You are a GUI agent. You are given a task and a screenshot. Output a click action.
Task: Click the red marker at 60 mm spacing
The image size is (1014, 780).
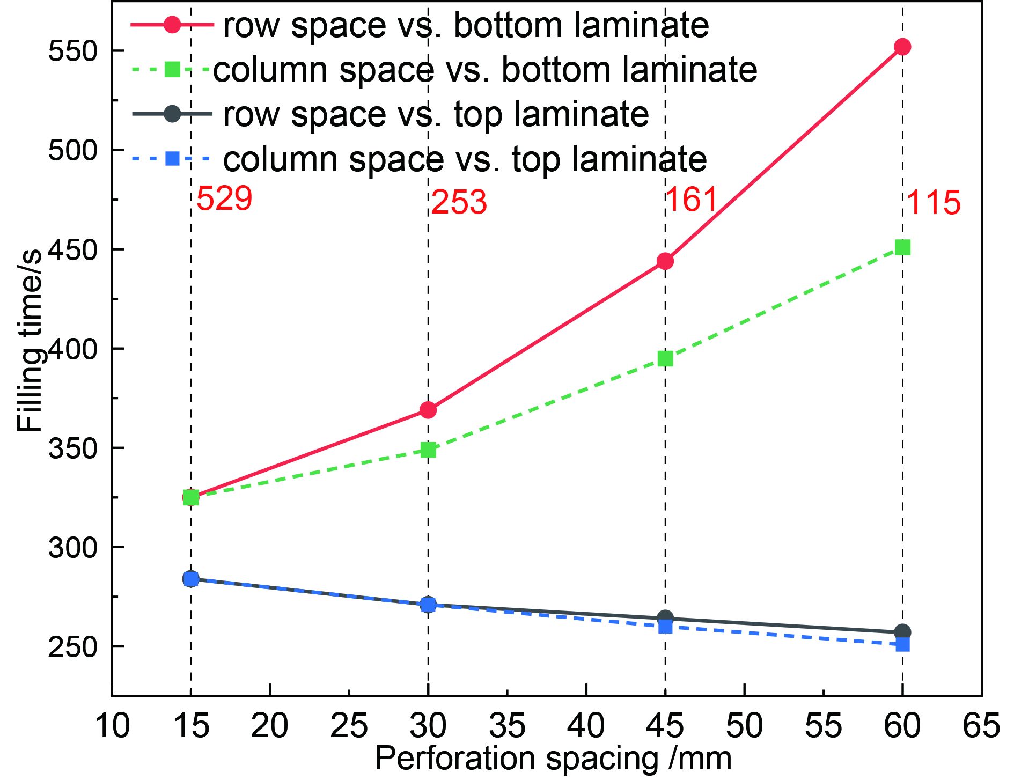point(902,47)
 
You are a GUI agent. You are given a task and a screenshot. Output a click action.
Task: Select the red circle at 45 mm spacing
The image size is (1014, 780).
point(665,261)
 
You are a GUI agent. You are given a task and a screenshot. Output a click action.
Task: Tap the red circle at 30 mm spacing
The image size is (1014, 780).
point(428,410)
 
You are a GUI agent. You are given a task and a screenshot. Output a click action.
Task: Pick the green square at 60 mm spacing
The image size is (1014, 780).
point(903,247)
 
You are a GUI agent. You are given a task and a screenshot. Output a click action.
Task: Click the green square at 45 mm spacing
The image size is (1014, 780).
point(665,359)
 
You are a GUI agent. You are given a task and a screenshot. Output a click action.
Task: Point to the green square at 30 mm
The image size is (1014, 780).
point(428,450)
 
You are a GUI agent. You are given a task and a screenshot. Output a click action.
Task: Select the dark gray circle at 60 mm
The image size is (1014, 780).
point(902,632)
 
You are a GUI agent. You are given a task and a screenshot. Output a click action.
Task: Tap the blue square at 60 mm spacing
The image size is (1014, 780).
point(903,644)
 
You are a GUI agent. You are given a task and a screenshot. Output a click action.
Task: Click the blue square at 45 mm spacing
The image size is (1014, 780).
point(665,627)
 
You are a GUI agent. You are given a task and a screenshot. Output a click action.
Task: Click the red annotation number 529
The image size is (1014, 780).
point(224,198)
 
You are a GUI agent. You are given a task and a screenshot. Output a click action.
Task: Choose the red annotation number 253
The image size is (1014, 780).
point(459,202)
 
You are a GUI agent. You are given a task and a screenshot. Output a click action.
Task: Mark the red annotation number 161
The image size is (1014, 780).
point(692,199)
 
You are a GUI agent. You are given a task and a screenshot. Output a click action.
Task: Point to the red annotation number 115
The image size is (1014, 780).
point(934,203)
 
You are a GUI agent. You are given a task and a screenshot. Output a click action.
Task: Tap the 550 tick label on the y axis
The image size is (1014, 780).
point(73,51)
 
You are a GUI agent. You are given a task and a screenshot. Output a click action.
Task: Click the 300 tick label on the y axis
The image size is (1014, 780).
point(73,548)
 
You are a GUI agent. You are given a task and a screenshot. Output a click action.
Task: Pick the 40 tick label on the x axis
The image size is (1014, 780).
point(586,725)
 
